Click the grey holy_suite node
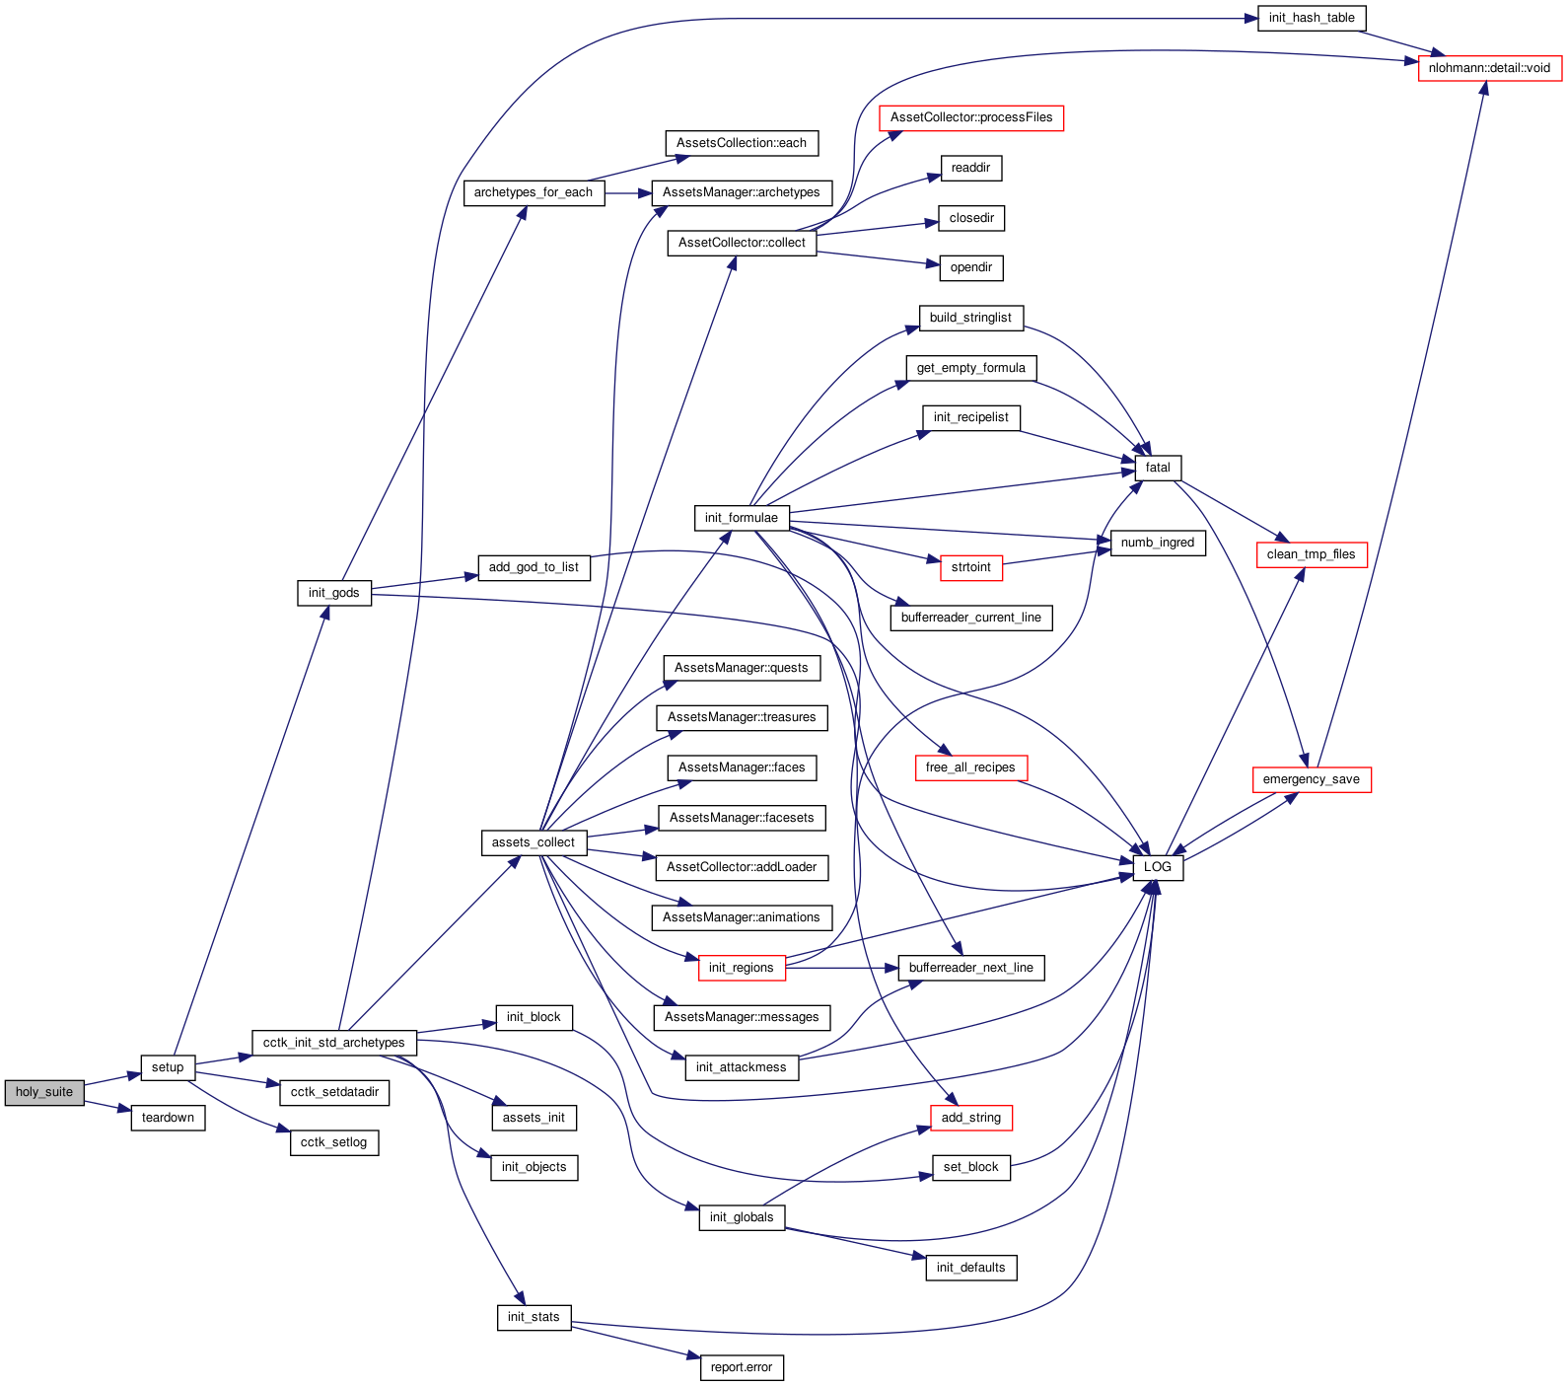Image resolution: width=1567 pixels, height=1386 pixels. [44, 1092]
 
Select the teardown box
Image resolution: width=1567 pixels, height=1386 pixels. [168, 1118]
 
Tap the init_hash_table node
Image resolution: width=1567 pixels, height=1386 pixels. [1312, 18]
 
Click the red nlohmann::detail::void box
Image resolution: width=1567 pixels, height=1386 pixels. [1489, 68]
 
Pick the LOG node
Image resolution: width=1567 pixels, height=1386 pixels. [1158, 867]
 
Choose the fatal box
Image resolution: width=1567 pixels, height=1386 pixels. [1158, 468]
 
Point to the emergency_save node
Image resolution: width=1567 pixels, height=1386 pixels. [1312, 779]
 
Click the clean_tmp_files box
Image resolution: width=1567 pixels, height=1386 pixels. [1312, 554]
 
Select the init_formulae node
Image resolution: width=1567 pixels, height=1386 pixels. [742, 518]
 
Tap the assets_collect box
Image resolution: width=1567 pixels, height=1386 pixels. [534, 842]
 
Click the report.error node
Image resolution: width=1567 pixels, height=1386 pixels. [742, 1367]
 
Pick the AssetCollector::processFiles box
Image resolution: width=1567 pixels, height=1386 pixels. [971, 117]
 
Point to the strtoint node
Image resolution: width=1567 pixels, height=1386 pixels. [971, 567]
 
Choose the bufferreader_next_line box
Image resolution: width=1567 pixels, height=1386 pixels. [971, 968]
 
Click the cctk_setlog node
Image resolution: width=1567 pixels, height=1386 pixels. [334, 1142]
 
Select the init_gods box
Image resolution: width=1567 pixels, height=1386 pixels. [334, 593]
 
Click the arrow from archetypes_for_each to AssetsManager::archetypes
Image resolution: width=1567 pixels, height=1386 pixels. [628, 192]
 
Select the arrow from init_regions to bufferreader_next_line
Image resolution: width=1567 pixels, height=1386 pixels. [842, 968]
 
